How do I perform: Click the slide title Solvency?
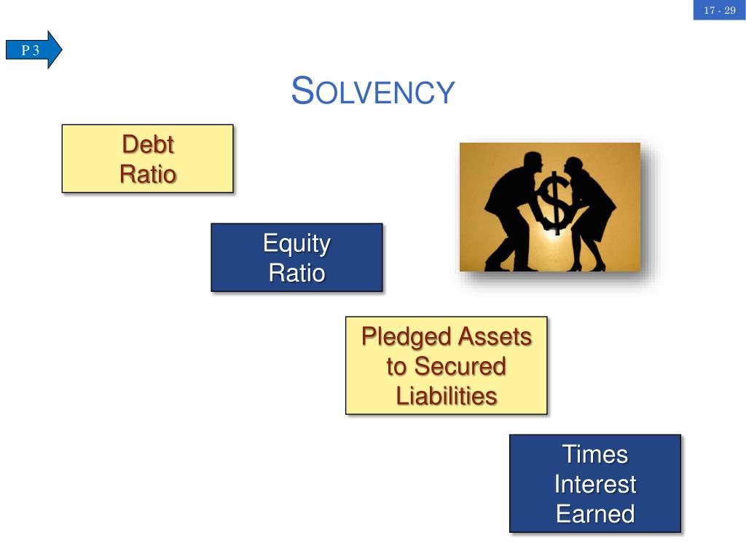pyautogui.click(x=373, y=92)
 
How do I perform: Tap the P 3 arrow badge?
pyautogui.click(x=34, y=49)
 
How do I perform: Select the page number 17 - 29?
pyautogui.click(x=719, y=10)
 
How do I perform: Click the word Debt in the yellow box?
pyautogui.click(x=148, y=144)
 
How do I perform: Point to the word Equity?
pyautogui.click(x=297, y=243)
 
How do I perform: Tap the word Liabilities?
pyautogui.click(x=446, y=396)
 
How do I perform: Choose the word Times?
pyautogui.click(x=594, y=454)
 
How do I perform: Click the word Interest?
pyautogui.click(x=594, y=484)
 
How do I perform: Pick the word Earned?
pyautogui.click(x=594, y=514)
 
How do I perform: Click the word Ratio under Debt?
pyautogui.click(x=148, y=175)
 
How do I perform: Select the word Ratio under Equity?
pyautogui.click(x=297, y=273)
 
